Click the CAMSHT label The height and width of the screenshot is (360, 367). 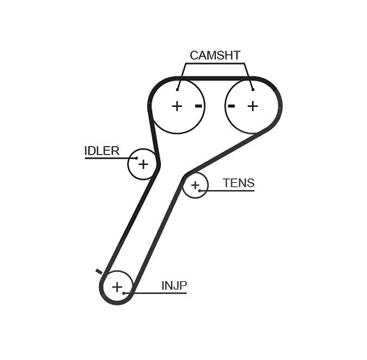(215, 56)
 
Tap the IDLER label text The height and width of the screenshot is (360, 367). (102, 151)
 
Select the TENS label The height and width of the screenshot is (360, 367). (239, 183)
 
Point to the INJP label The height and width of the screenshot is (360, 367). (174, 285)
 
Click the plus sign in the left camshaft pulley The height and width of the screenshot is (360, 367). (177, 106)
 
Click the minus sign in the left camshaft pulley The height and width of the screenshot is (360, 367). (198, 106)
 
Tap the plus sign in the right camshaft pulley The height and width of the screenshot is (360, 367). (253, 106)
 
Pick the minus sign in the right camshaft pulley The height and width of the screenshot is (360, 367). (231, 106)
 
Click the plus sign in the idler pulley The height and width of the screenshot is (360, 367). (143, 164)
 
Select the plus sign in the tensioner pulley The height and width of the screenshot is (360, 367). (195, 185)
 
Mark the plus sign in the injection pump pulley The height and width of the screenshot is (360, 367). (117, 287)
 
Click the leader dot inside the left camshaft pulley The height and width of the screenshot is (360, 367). (177, 89)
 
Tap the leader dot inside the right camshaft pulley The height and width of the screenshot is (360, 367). (253, 89)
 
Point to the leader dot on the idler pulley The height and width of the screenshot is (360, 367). (136, 158)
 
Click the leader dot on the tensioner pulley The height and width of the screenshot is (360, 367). (199, 191)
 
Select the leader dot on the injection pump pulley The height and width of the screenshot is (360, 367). (124, 293)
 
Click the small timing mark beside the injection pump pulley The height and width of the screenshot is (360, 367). (99, 271)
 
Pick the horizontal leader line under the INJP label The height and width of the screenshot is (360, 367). (155, 293)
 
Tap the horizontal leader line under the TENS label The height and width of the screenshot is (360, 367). (227, 191)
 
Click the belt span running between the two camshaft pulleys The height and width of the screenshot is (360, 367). (215, 78)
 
